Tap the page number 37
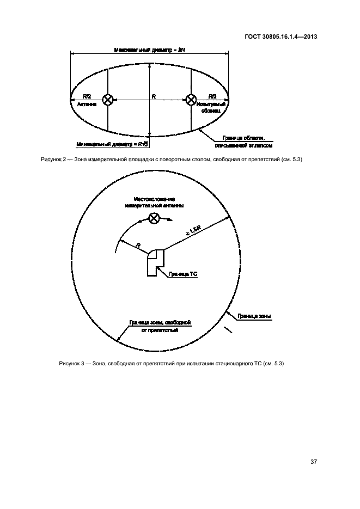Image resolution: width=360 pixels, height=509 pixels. coord(314,462)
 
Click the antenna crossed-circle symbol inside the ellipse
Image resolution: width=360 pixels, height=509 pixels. coord(108,100)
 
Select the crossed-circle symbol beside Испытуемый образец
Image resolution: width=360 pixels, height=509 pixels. coord(191,100)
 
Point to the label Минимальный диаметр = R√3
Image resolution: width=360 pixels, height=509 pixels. coord(113,145)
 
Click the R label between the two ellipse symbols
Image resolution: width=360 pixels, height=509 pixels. coord(154,96)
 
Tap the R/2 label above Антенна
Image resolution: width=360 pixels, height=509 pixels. coord(87,96)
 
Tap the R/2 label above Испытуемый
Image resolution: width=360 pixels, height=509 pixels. coord(212,96)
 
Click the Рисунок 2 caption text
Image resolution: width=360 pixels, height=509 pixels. coord(172,159)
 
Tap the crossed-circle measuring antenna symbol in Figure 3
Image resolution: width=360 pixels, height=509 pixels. coord(154,218)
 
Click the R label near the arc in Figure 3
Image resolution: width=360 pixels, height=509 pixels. coord(138,246)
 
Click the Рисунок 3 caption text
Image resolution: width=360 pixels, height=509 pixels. coord(172,364)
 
